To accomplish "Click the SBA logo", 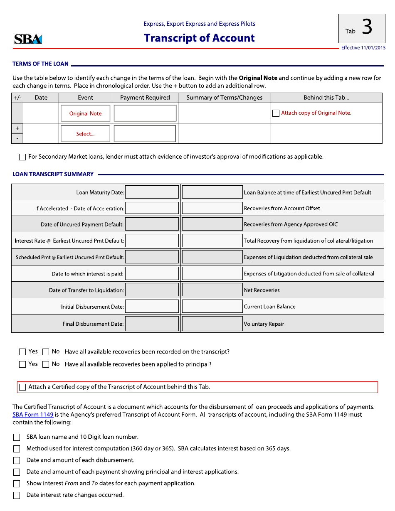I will point(28,39).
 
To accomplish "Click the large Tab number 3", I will point(367,28).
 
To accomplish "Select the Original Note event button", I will point(85,113).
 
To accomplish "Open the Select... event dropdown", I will point(85,134).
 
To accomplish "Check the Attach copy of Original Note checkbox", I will point(276,113).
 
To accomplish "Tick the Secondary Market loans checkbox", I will point(22,157).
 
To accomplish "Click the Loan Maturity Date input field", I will point(152,192).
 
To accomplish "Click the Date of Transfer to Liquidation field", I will point(152,290).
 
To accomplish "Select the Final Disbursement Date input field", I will point(152,324).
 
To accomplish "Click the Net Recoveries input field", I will point(212,290).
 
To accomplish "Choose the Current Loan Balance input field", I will point(212,307).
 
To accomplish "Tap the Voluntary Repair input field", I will point(212,324).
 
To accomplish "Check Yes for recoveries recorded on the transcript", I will point(22,352).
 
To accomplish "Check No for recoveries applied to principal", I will point(46,364).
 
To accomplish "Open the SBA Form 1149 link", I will point(33,415).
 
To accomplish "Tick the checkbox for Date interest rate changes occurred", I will point(17,495).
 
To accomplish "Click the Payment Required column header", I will point(145,98).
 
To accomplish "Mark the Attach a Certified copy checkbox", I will point(22,387).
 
